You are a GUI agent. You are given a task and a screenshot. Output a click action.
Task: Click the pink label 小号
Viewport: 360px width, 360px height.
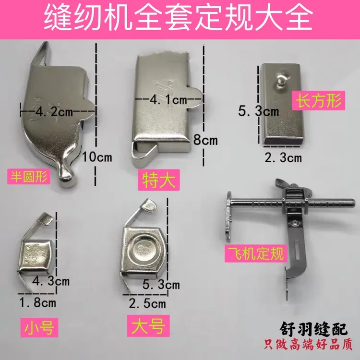[x=38, y=328]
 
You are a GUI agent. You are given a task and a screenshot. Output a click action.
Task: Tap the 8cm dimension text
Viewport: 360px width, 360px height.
[x=204, y=141]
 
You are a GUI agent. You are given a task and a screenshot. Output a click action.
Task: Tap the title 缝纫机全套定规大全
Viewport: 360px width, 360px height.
[x=180, y=18]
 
